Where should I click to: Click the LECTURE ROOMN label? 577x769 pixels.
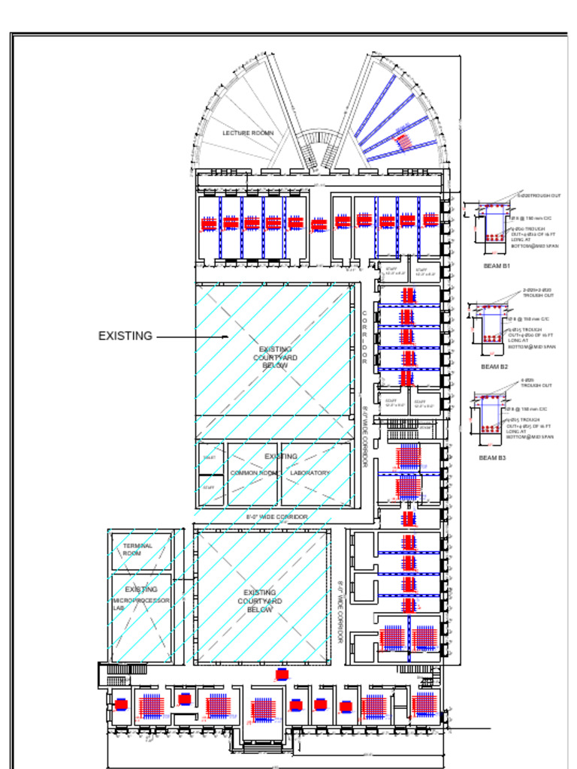click(x=248, y=133)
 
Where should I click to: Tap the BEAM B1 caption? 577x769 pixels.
click(x=496, y=266)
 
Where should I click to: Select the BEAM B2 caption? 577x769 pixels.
click(x=494, y=366)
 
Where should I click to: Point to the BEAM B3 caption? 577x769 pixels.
click(x=492, y=457)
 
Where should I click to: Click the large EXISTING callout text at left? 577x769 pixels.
click(x=125, y=336)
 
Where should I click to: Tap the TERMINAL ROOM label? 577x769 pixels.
click(x=137, y=550)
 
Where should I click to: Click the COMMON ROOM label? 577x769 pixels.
click(x=253, y=473)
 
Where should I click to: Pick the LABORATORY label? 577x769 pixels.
click(x=310, y=473)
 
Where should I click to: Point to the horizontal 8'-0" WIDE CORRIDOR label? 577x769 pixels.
click(x=276, y=517)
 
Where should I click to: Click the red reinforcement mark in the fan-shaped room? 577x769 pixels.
click(x=404, y=140)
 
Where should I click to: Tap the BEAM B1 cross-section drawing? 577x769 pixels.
click(x=494, y=222)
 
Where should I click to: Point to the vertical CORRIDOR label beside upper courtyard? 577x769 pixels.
click(x=365, y=338)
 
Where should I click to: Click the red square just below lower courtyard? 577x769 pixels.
click(x=282, y=674)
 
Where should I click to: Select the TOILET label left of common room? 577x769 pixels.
click(x=209, y=457)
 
